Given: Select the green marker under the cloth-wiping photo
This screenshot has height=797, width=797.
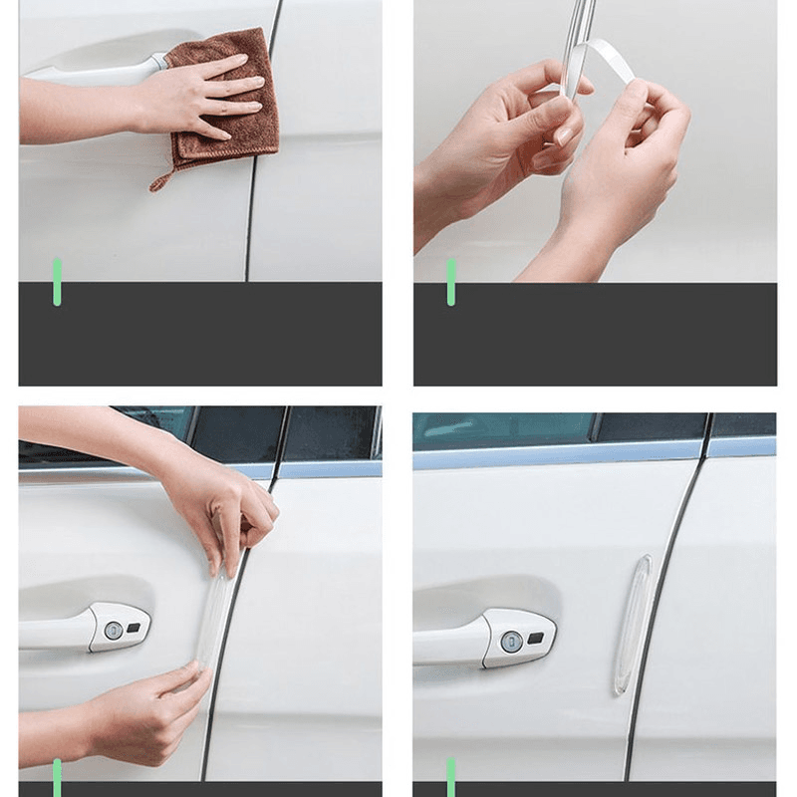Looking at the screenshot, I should point(57,281).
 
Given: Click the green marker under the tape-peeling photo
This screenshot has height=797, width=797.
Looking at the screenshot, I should point(450,281).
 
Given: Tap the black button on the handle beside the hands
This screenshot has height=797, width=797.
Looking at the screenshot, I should point(135,628).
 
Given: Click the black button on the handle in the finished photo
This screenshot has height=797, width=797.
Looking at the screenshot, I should point(536,638).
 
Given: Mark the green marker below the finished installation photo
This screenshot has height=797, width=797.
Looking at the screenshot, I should point(450,775).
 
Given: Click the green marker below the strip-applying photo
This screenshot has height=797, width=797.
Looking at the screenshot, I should point(57,775).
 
